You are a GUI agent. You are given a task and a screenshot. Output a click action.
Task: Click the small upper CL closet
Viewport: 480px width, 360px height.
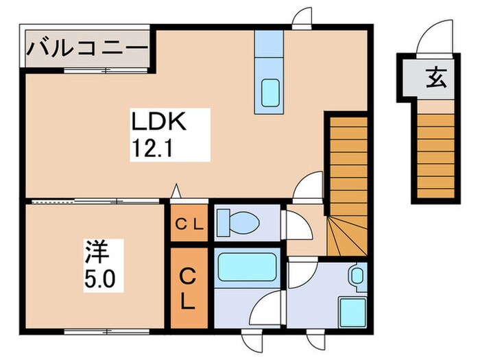click(187, 223)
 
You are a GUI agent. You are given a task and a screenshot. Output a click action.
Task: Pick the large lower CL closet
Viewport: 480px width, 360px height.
click(187, 287)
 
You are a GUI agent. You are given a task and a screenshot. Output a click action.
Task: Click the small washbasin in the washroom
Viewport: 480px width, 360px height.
click(357, 276)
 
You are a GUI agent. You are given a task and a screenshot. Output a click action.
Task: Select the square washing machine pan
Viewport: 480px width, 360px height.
click(351, 312)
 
